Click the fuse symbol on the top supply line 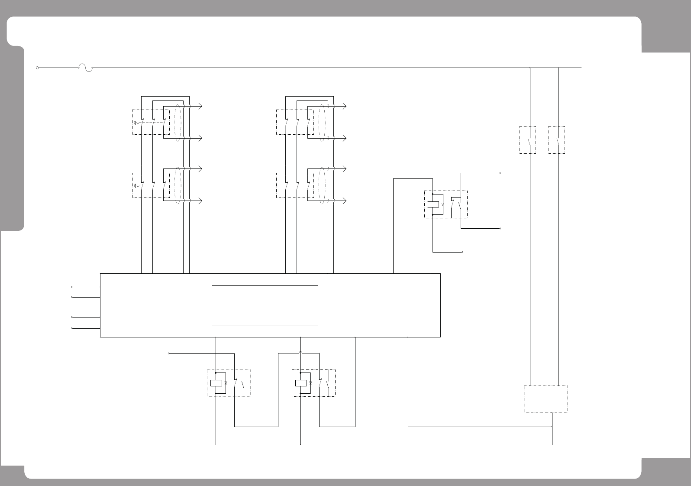pos(85,68)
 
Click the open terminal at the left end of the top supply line pos(38,68)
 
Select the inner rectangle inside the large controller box pos(265,305)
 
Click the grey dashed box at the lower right pos(546,399)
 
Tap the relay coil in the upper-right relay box pos(433,204)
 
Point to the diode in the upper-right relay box pos(442,204)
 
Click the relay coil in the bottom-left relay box pos(216,383)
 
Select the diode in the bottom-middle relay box pos(310,383)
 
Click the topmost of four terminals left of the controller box pos(72,287)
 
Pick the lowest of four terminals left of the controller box pos(72,328)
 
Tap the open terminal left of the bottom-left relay pos(169,353)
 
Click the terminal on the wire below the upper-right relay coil pos(463,252)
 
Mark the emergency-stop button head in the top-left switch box pos(136,123)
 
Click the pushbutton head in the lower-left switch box pos(136,186)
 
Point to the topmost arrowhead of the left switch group pos(200,106)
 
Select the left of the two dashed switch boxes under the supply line pos(527,139)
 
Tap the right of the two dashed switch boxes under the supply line pos(556,139)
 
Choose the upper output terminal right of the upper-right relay pos(500,173)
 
